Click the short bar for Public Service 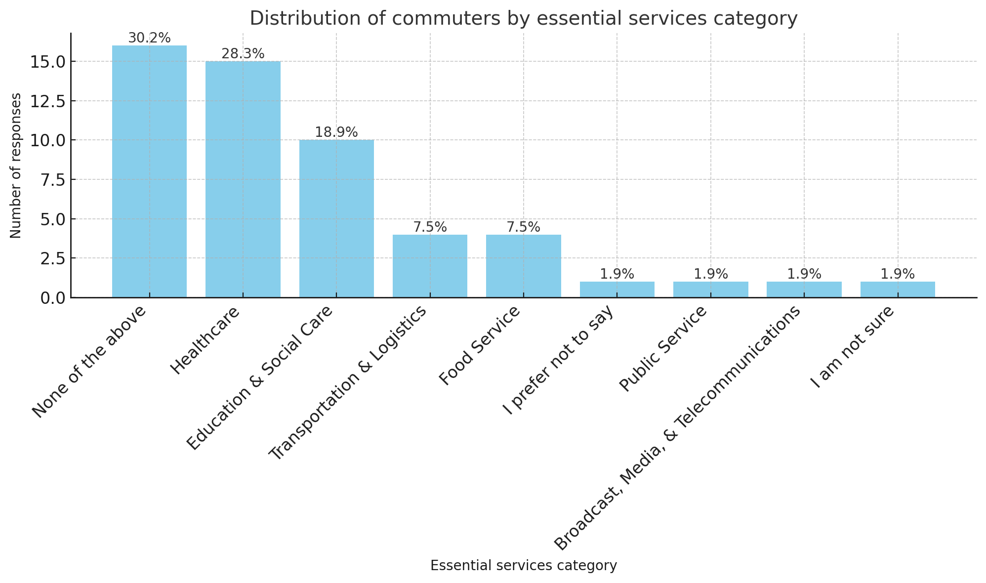coord(710,290)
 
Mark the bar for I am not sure coord(898,290)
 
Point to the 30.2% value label coord(149,38)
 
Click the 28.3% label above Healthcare coord(243,54)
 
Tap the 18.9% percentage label coord(336,132)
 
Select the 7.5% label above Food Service coord(523,227)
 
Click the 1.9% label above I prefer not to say coord(617,274)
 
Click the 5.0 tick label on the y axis coord(49,219)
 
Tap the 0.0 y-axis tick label coord(49,297)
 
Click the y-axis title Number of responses coord(16,166)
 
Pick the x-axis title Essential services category coord(523,566)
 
